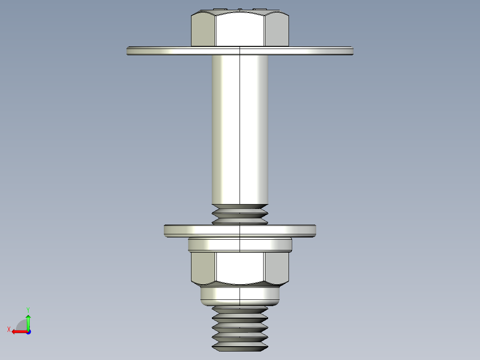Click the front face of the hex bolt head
240,29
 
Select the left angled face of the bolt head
203,30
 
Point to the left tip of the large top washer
129,51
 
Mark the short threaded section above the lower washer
240,214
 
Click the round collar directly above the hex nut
240,245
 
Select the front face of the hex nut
240,268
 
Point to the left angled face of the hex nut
203,268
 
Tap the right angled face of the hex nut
277,268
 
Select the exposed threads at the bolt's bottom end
240,327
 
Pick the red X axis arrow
18,331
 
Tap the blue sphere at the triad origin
28,331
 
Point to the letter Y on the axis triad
28,309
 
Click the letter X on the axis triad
9,329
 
